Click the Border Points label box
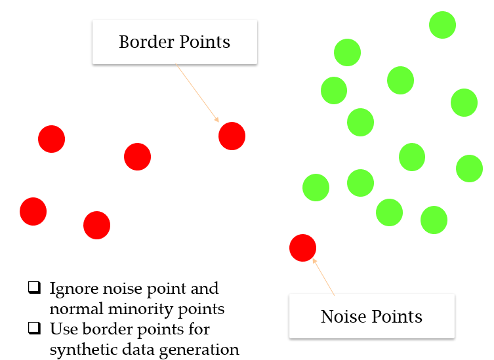174,42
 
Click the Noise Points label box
371,316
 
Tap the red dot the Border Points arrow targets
232,136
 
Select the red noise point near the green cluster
302,247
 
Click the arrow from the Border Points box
197,92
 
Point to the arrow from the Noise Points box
324,277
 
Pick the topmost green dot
442,25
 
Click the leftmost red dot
33,211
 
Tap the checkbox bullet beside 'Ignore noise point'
33,288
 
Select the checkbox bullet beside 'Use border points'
33,328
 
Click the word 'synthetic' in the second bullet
78,349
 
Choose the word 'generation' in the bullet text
203,349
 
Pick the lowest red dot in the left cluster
96,225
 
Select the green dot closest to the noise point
316,188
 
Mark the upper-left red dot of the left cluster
51,138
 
